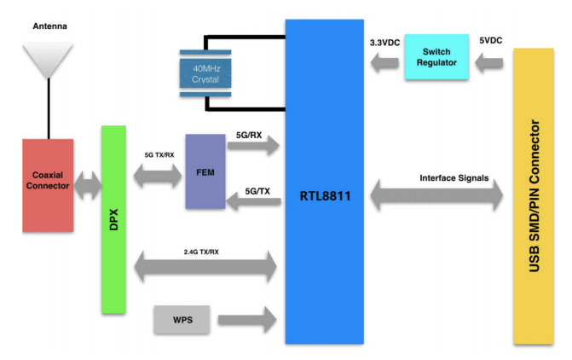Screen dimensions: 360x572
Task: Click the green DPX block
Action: pyautogui.click(x=113, y=218)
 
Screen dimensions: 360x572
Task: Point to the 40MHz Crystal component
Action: pyautogui.click(x=205, y=73)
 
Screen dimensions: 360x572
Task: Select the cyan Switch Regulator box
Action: pyautogui.click(x=436, y=57)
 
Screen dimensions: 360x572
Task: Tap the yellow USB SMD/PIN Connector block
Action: pyautogui.click(x=535, y=196)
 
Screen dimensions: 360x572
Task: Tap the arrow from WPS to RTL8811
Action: pyautogui.click(x=248, y=320)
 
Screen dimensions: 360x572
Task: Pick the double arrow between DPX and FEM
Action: pyautogui.click(x=157, y=176)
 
